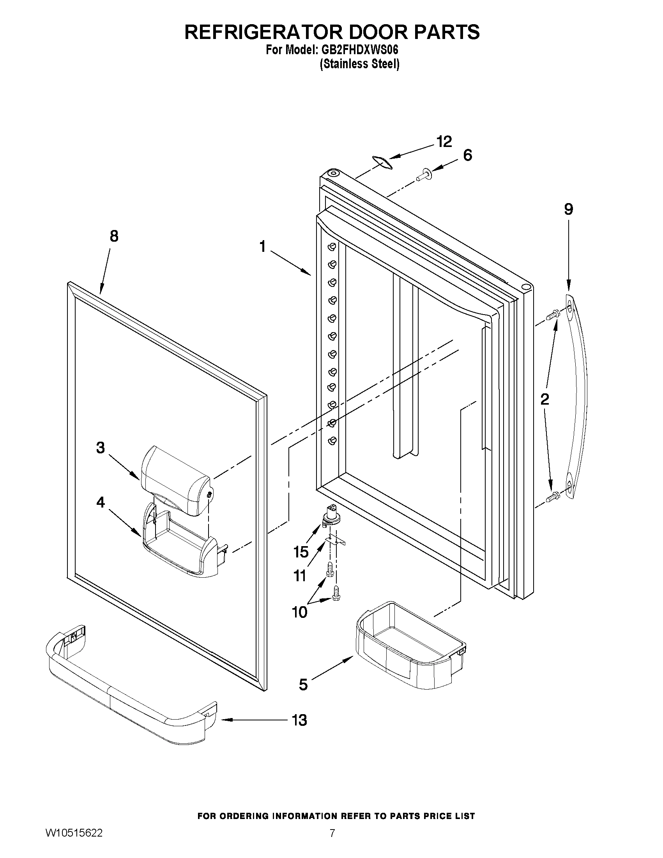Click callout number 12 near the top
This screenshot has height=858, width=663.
click(444, 142)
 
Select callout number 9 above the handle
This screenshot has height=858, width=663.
click(568, 209)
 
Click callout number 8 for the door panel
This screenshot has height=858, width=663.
click(114, 236)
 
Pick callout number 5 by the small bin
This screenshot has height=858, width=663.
click(303, 685)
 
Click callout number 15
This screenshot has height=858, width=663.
click(301, 552)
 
